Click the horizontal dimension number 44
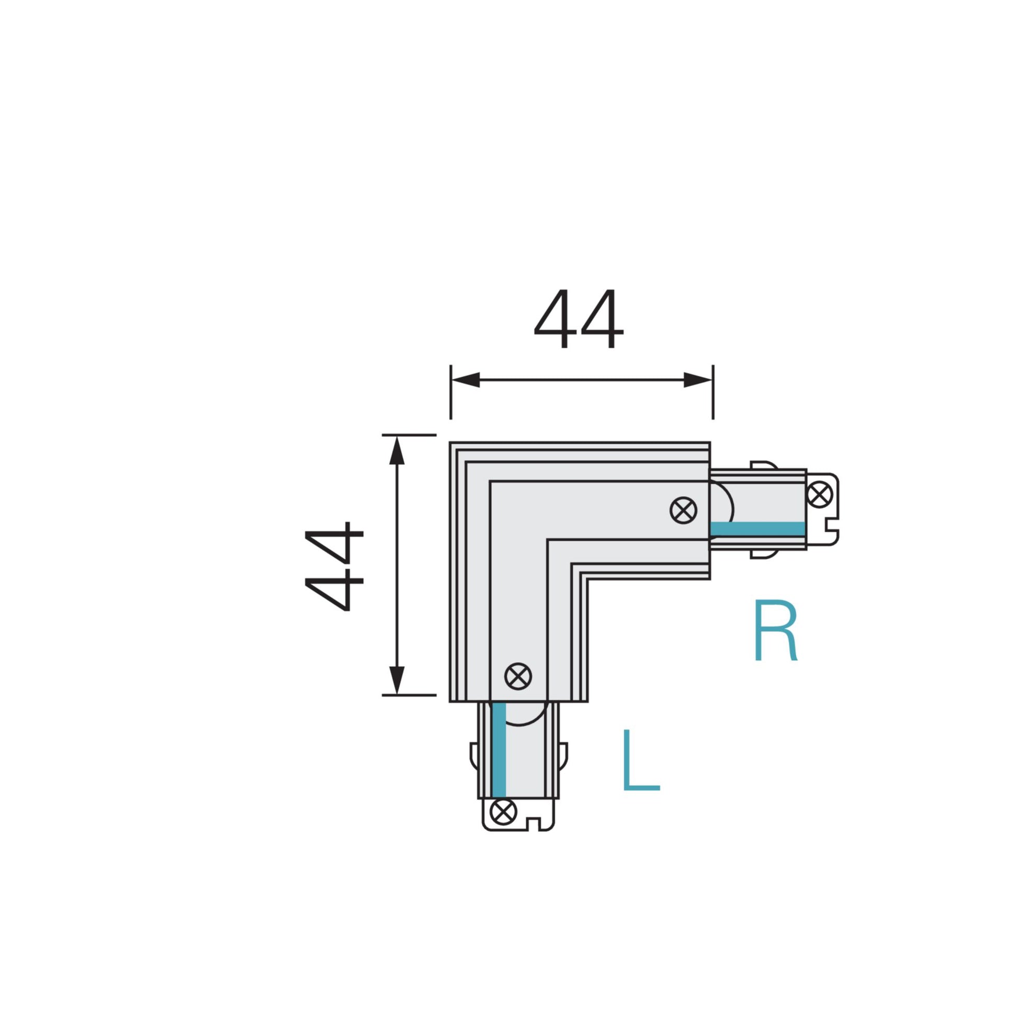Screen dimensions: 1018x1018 (579, 319)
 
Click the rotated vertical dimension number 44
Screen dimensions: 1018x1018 (334, 566)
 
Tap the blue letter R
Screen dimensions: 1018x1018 (776, 631)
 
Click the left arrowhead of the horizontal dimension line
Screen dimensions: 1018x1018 (466, 380)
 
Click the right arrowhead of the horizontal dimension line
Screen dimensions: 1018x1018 (698, 380)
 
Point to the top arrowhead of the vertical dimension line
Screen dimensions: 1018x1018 (397, 450)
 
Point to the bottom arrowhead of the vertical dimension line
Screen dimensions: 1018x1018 (397, 680)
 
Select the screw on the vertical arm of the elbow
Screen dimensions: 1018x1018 (518, 676)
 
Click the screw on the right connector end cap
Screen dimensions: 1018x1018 (820, 494)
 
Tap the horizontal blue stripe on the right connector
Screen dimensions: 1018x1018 (757, 528)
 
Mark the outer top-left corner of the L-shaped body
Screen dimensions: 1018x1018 (450, 443)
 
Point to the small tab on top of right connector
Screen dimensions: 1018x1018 (763, 464)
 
